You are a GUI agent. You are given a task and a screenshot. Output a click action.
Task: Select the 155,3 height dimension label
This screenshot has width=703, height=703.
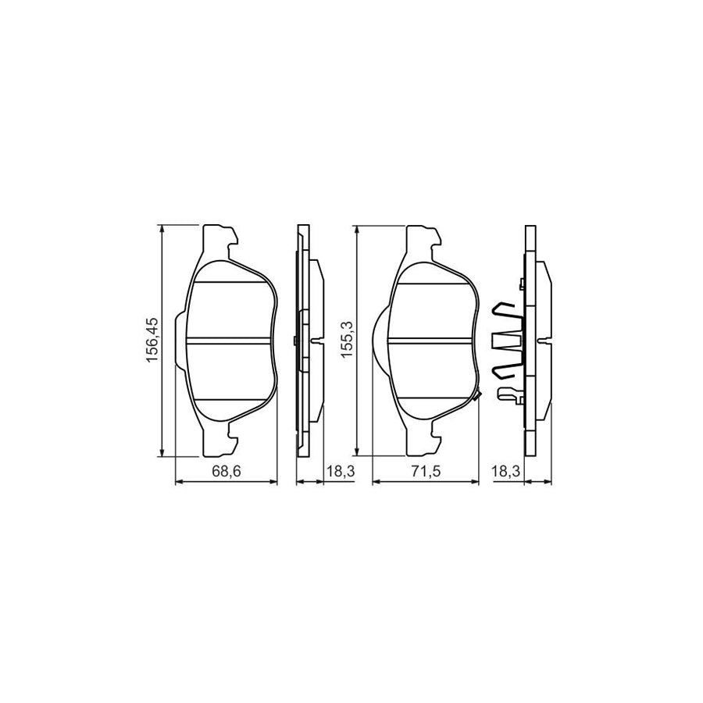(348, 340)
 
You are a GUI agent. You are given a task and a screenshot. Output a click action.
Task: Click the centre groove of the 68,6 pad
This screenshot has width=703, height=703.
(230, 340)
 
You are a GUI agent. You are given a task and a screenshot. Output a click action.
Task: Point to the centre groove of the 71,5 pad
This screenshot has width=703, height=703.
(431, 340)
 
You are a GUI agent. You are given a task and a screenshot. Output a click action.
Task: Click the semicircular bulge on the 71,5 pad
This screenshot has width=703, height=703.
(378, 340)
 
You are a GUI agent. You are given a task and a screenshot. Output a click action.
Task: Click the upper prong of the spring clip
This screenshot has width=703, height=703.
(508, 310)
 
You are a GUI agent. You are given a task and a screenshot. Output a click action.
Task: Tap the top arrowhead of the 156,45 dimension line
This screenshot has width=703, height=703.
(162, 230)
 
